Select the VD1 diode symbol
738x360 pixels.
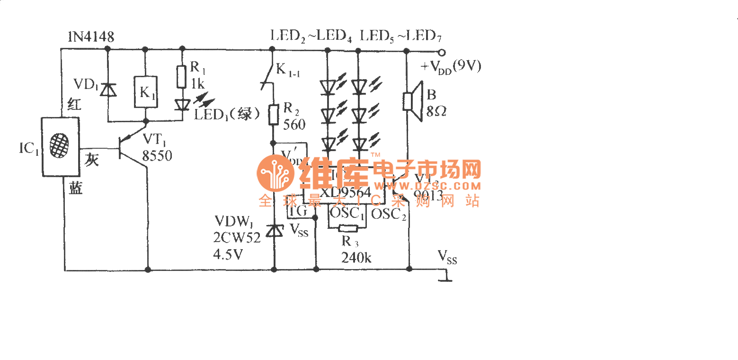pyautogui.click(x=110, y=89)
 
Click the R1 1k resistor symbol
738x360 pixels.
pyautogui.click(x=182, y=77)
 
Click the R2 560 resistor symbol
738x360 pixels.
pyautogui.click(x=273, y=115)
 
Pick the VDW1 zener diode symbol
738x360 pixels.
pyautogui.click(x=274, y=231)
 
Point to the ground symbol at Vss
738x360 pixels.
pyautogui.click(x=445, y=276)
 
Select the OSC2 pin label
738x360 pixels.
pyautogui.click(x=388, y=214)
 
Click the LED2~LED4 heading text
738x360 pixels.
pyautogui.click(x=311, y=36)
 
